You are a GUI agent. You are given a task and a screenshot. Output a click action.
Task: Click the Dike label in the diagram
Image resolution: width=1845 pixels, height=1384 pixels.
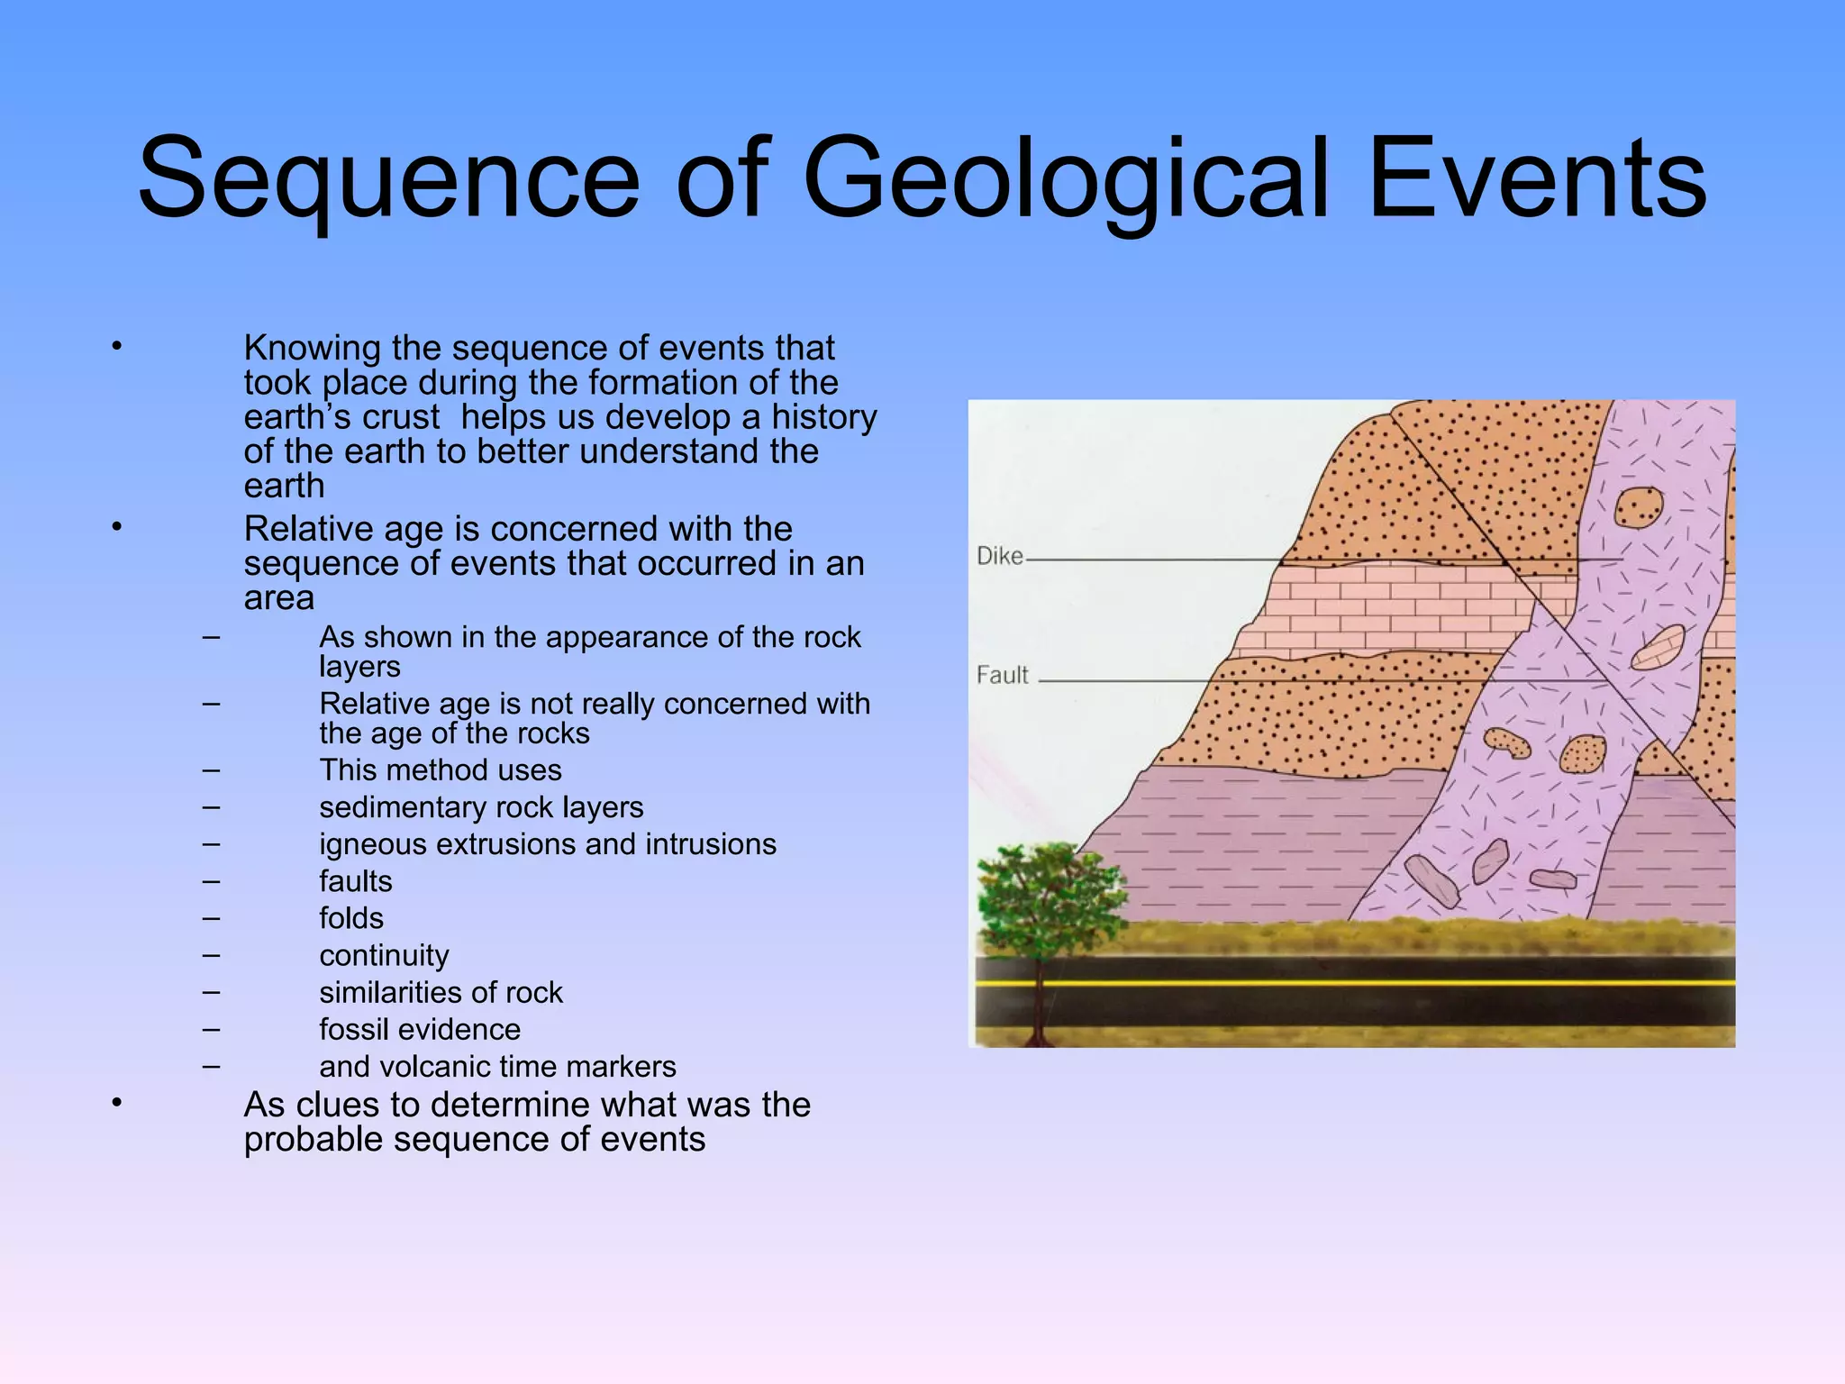click(x=1000, y=556)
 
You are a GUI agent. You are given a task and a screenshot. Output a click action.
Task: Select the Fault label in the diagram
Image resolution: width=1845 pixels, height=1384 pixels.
click(x=1002, y=675)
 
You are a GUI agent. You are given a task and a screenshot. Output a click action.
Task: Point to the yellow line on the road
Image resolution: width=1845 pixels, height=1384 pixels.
click(x=1351, y=983)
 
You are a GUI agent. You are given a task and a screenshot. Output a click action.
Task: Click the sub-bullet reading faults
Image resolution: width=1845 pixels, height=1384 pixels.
click(x=356, y=881)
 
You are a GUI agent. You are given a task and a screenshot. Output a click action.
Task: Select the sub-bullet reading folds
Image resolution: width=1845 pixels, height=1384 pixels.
click(x=351, y=918)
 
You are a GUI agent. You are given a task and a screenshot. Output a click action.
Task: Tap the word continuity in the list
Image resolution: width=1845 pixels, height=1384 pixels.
click(x=384, y=955)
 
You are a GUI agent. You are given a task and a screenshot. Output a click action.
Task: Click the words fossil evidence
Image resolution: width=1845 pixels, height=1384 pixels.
click(x=420, y=1029)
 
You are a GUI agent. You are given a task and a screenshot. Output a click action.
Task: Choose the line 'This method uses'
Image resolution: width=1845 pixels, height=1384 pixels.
click(x=440, y=770)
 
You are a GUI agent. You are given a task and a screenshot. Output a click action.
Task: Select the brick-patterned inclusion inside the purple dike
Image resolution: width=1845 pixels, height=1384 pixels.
click(x=1658, y=647)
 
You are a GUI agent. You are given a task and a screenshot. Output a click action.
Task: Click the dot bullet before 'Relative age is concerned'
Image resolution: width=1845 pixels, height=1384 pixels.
click(x=116, y=526)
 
